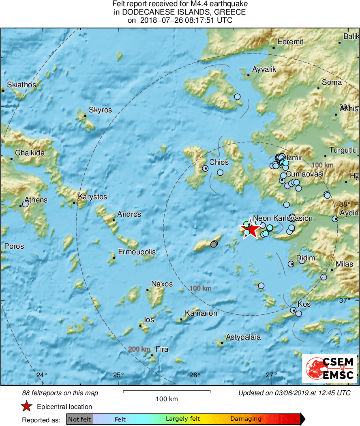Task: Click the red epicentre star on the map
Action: [252, 230]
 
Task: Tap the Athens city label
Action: [36, 200]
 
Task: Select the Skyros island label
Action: [100, 110]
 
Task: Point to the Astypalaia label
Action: [243, 337]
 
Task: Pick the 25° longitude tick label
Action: [118, 375]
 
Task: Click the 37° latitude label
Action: [345, 300]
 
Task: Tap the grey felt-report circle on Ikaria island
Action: [214, 244]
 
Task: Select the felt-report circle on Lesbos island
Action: [238, 97]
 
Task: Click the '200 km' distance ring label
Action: [139, 349]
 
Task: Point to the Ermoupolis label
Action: [137, 252]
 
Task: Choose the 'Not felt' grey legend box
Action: [79, 419]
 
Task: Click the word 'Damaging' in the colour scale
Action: [246, 419]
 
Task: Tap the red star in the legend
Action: [26, 407]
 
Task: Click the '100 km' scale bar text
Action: [167, 399]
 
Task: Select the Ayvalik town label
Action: [264, 69]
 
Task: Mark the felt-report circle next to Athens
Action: [25, 204]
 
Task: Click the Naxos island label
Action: [162, 284]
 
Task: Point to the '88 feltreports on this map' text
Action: [60, 393]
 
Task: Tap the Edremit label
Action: [290, 41]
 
